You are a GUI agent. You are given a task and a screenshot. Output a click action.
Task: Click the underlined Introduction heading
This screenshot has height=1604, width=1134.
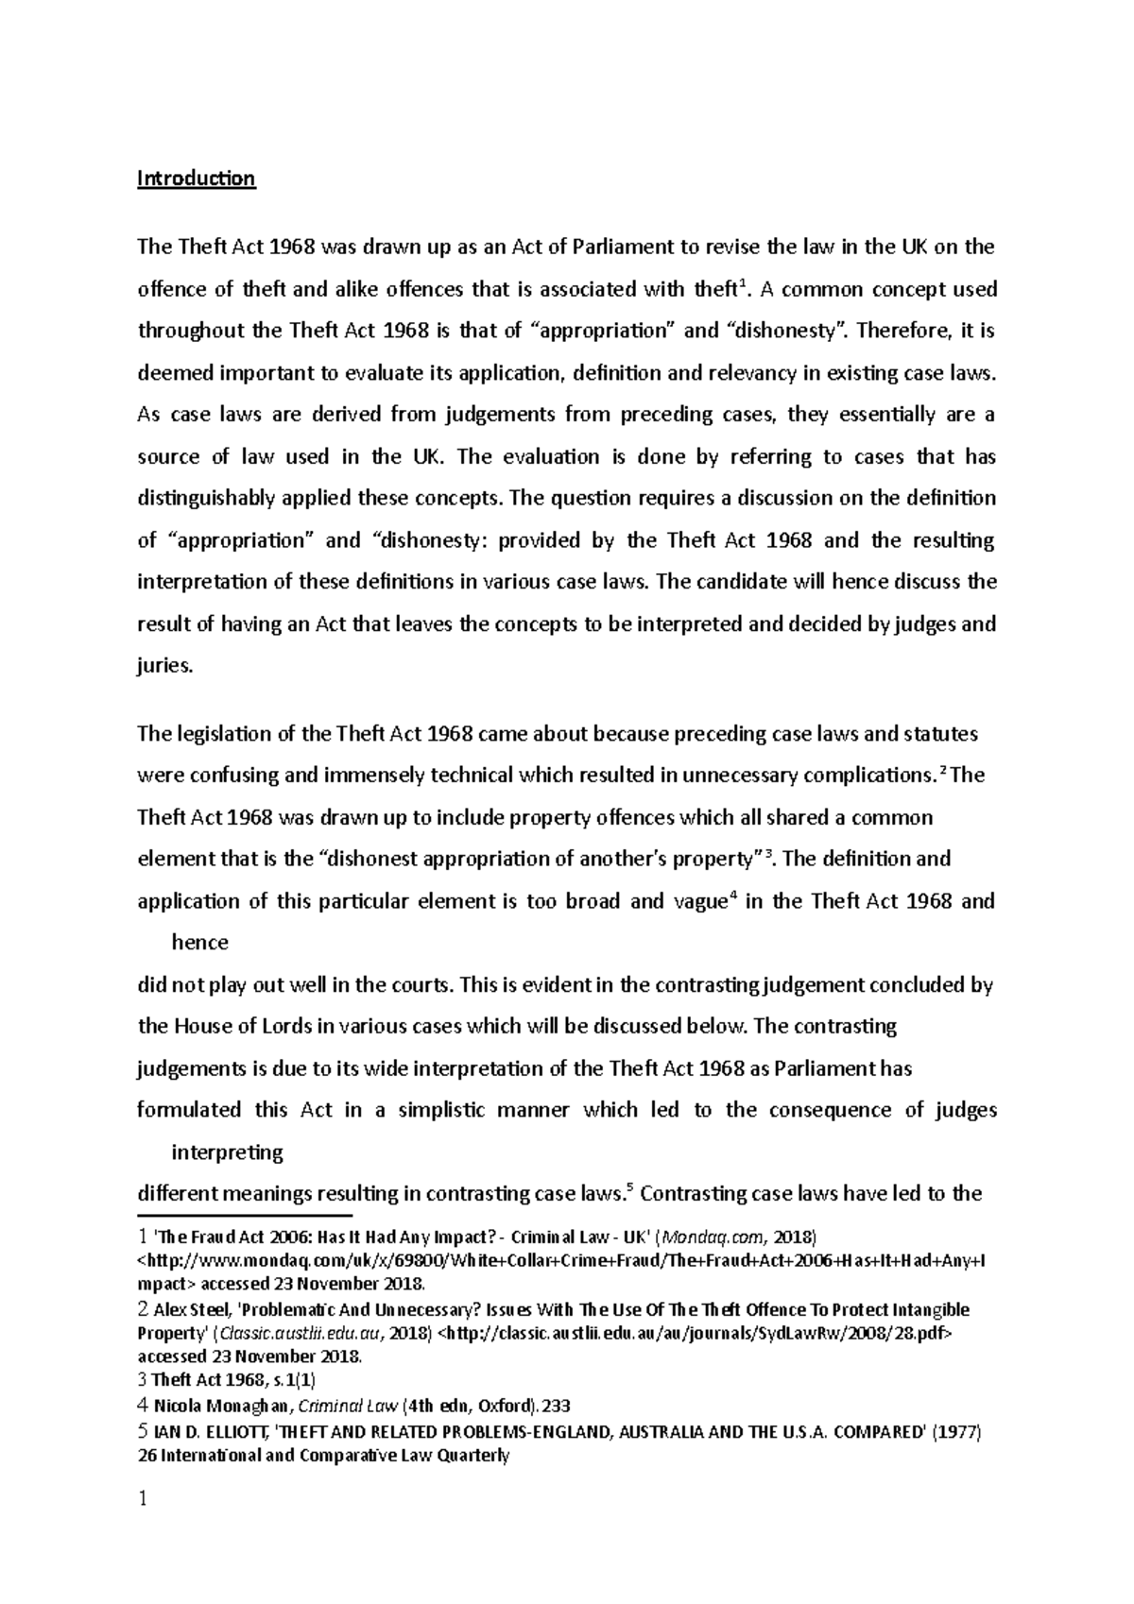pyautogui.click(x=197, y=179)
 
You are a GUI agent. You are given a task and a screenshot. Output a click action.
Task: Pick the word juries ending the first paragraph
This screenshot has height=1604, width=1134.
pyautogui.click(x=164, y=665)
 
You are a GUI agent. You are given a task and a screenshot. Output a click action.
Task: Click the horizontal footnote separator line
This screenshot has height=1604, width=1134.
pyautogui.click(x=244, y=1217)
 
